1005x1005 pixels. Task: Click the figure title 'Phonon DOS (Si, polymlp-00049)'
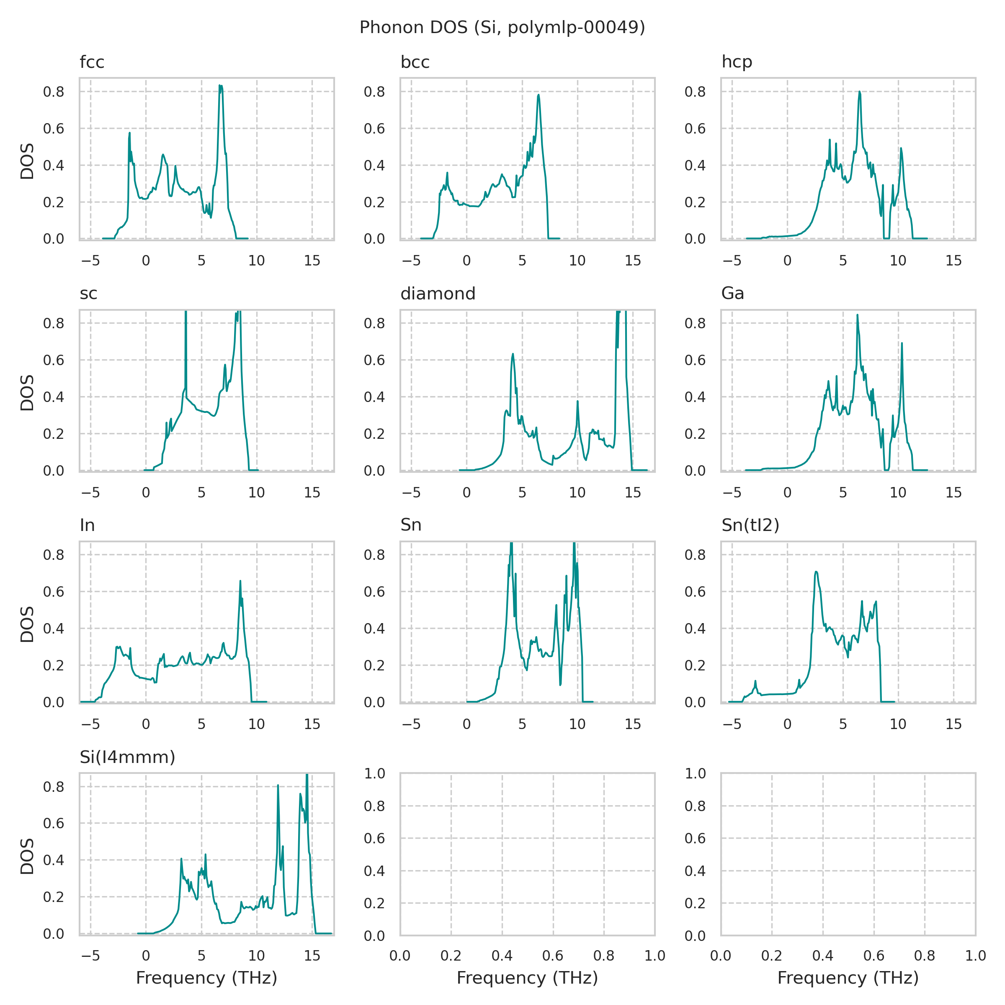(502, 27)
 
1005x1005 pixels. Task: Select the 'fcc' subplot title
(92, 62)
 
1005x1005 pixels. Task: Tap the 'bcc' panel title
(415, 62)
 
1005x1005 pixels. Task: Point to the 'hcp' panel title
(737, 62)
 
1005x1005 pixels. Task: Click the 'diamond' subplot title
(438, 294)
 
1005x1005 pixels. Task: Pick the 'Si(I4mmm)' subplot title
(127, 757)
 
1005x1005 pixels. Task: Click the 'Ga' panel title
(732, 294)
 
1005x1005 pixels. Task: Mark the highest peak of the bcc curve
(539, 95)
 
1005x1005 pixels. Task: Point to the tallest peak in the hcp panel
(860, 92)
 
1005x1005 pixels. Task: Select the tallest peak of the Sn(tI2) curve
(817, 572)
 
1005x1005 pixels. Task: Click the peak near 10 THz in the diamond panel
(577, 401)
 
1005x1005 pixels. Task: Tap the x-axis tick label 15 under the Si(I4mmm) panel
(312, 956)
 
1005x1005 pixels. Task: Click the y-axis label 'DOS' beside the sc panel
(27, 392)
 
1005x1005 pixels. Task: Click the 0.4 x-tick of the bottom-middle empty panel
(502, 956)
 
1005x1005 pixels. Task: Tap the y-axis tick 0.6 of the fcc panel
(54, 129)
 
